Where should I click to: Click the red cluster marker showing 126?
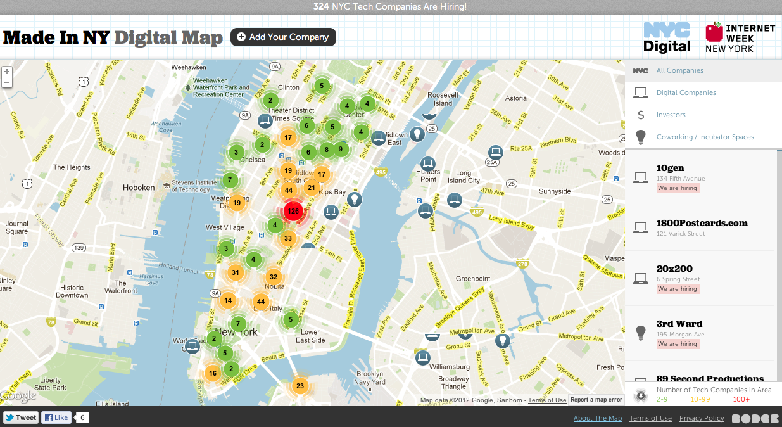(293, 211)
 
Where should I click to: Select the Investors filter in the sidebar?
(671, 115)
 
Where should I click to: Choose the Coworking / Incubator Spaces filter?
(705, 137)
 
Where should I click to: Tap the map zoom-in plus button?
(7, 72)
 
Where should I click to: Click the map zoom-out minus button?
(7, 82)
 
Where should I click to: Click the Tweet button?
(21, 417)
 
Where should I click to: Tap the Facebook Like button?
(56, 417)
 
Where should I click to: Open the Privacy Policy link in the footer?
(701, 418)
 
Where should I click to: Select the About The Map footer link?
(597, 418)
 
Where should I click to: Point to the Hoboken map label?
(139, 188)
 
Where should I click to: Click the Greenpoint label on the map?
(473, 279)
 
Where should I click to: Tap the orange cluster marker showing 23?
(300, 386)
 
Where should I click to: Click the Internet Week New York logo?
(740, 37)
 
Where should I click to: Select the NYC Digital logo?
(667, 37)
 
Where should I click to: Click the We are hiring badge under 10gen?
(678, 188)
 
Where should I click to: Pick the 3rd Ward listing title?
(679, 324)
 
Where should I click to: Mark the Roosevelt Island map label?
(443, 99)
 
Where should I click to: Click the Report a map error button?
(596, 400)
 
